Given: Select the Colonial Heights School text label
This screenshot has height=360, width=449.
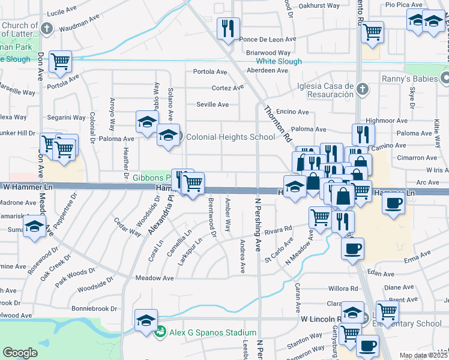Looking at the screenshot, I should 231,137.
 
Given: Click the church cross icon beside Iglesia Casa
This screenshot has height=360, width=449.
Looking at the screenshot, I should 361,90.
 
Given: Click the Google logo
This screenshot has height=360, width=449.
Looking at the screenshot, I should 20,352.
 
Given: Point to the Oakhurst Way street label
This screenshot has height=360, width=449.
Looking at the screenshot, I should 319,5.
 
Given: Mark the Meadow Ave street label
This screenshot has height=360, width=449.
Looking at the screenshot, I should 155,278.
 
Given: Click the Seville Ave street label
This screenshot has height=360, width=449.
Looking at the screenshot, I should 213,104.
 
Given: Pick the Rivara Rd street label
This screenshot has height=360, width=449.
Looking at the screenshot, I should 278,229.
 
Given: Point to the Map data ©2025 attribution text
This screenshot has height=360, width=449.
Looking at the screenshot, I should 423,355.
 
